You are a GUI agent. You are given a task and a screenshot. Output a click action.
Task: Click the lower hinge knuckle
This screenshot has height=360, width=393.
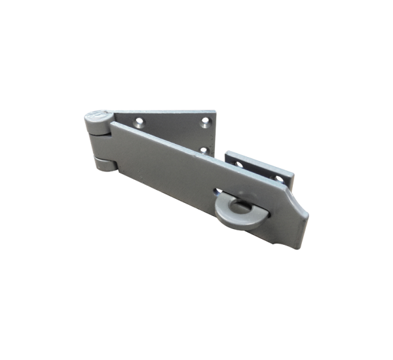[x=103, y=162]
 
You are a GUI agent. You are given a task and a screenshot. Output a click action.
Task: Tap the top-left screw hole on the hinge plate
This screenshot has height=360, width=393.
[x=139, y=120]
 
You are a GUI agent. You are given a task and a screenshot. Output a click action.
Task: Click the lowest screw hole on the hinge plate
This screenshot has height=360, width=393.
[x=204, y=151]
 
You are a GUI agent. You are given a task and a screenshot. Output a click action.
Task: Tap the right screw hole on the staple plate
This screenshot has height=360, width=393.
[x=278, y=178]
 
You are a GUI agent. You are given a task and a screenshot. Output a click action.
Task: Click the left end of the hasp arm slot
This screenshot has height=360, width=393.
[x=217, y=191]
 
